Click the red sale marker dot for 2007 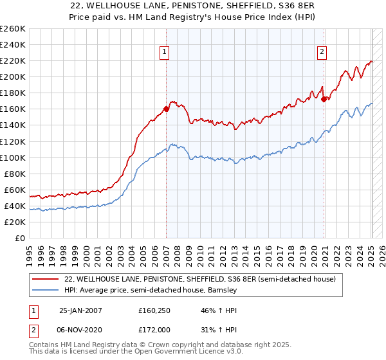(x=166, y=109)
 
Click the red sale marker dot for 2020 (x=324, y=99)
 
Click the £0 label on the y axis (x=19, y=238)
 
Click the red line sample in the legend (x=45, y=280)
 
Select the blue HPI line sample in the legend (x=45, y=291)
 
